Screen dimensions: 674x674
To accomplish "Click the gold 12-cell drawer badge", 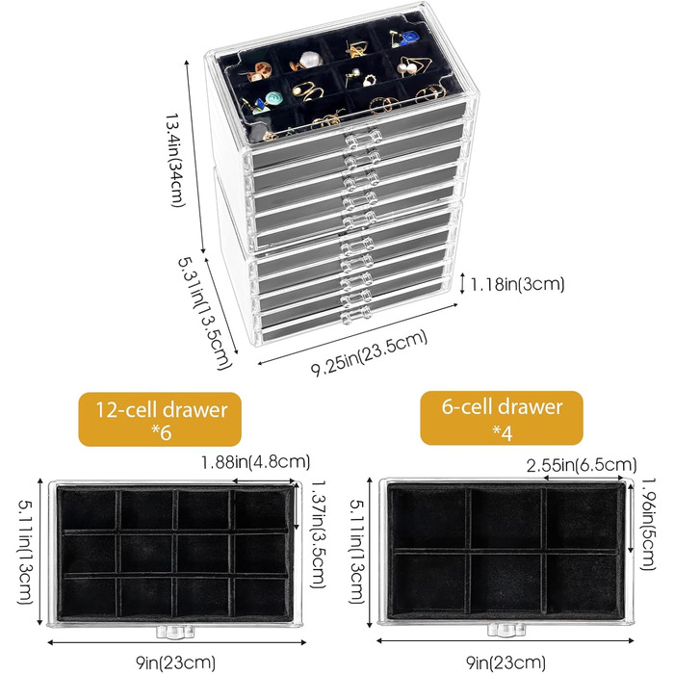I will (x=158, y=418).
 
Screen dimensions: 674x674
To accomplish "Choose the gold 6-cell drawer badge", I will (x=502, y=417).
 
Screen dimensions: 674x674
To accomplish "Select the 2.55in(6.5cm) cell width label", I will (x=581, y=465).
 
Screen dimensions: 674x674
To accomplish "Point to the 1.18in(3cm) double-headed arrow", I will (x=463, y=283).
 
